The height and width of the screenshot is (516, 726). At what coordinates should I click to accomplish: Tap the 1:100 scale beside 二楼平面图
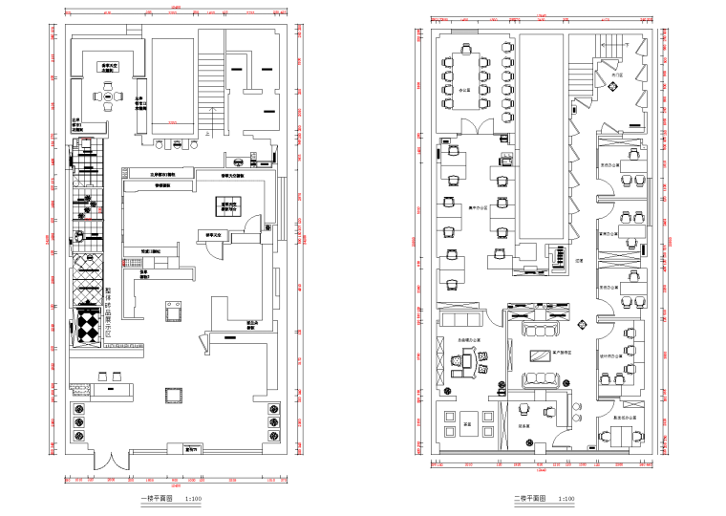pos(565,498)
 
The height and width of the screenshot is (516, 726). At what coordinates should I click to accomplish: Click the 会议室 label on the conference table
pos(465,89)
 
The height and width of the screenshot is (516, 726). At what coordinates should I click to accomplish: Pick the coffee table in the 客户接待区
pos(541,355)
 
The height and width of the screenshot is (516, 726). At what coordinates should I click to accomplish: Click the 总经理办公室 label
pos(468,339)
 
